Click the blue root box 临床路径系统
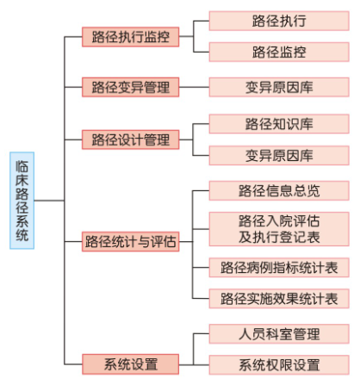pyautogui.click(x=22, y=201)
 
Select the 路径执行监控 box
pyautogui.click(x=131, y=37)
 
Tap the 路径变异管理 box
pyautogui.click(x=131, y=87)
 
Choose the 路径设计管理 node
pyautogui.click(x=131, y=140)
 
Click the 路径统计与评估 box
pyautogui.click(x=131, y=241)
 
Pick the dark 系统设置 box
pyautogui.click(x=131, y=364)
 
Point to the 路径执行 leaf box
pyautogui.click(x=279, y=21)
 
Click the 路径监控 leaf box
pyautogui.click(x=279, y=52)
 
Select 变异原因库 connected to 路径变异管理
pyautogui.click(x=279, y=87)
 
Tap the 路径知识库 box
pyautogui.click(x=279, y=124)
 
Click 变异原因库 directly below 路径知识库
pyautogui.click(x=279, y=155)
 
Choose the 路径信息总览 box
pyautogui.click(x=279, y=190)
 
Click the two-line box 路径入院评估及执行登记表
pyautogui.click(x=279, y=229)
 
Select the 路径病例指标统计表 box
pyautogui.click(x=279, y=268)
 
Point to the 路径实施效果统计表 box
pyautogui.click(x=279, y=299)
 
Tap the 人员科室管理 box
pyautogui.click(x=279, y=334)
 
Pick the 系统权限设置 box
pyautogui.click(x=279, y=365)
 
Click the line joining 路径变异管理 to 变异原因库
pyautogui.click(x=194, y=87)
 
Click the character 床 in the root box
pyautogui.click(x=22, y=180)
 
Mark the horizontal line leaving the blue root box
pyautogui.click(x=49, y=201)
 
